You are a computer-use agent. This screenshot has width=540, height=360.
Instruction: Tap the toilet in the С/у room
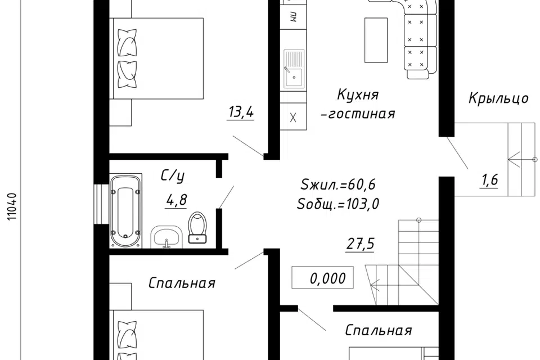point(197,228)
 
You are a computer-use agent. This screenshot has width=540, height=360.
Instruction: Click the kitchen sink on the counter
point(293,69)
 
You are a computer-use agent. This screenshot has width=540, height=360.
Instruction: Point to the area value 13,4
point(241,112)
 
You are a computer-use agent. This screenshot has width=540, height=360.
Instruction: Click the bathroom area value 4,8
point(176,200)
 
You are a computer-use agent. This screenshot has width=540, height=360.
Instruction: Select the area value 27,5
point(360,244)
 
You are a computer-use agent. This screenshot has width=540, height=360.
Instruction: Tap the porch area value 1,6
point(489,181)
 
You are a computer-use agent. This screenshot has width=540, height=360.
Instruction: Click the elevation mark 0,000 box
point(322,278)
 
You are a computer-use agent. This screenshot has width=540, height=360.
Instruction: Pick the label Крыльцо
point(498,98)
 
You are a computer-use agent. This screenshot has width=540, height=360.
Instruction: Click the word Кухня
point(358,94)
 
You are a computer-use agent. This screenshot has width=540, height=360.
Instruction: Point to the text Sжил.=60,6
point(338,184)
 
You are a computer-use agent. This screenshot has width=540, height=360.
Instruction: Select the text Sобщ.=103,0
point(338,204)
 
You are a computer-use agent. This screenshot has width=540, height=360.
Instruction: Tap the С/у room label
point(173,177)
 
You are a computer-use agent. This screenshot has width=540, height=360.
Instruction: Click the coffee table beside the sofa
point(376,39)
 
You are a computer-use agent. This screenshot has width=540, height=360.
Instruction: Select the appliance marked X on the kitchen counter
point(293,118)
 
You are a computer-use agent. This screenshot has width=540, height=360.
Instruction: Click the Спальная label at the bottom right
point(379,330)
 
